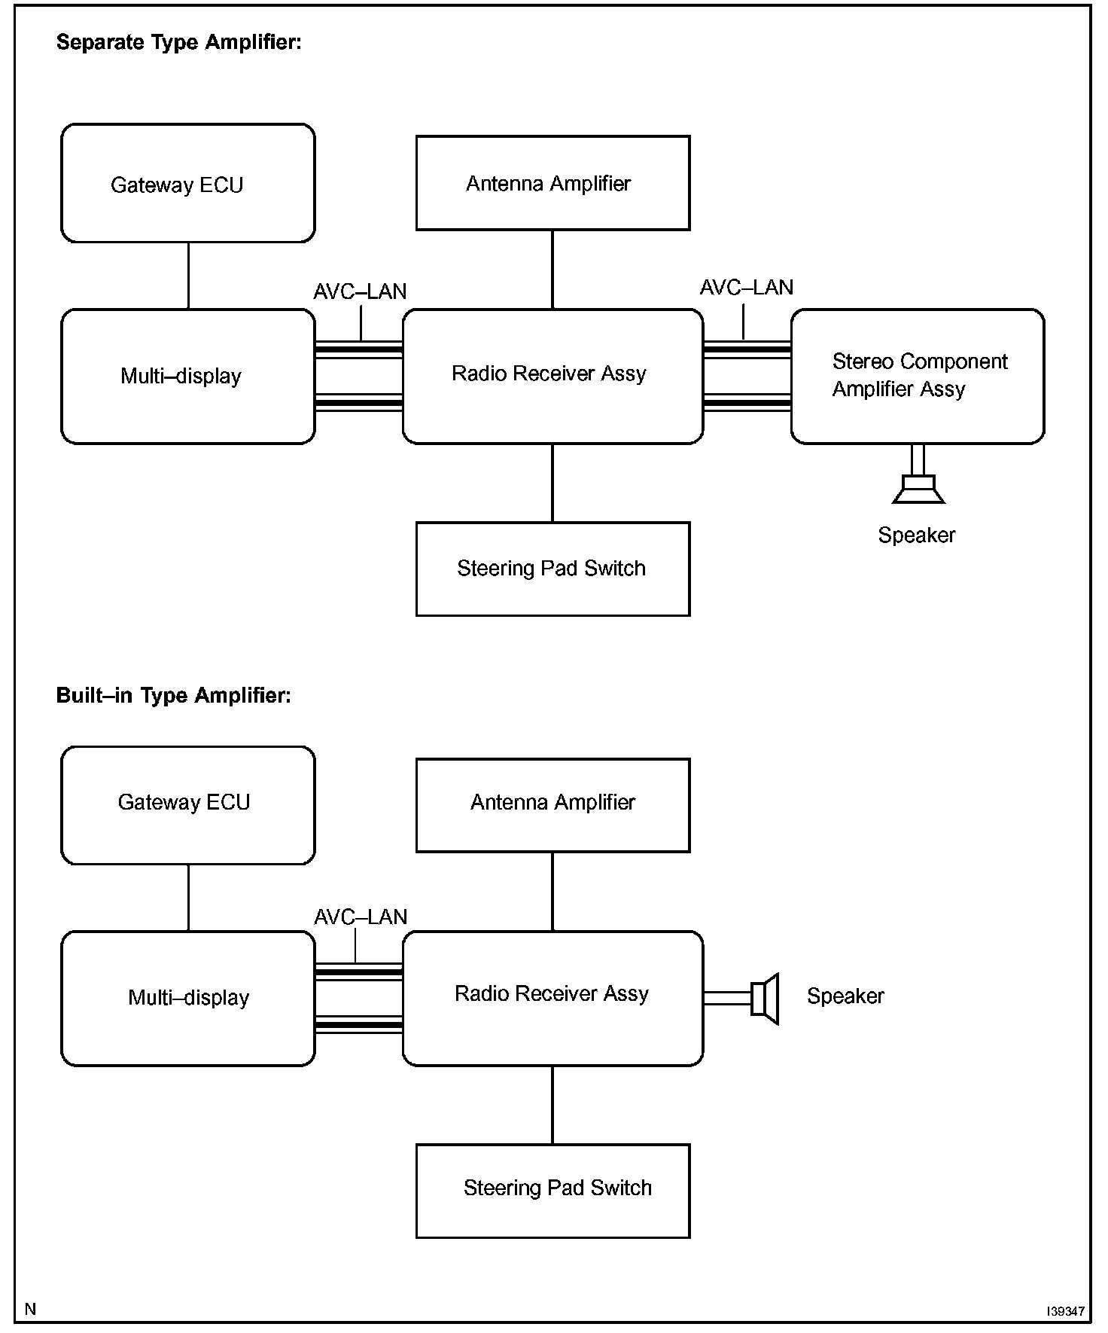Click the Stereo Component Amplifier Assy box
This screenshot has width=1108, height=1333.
[x=918, y=376]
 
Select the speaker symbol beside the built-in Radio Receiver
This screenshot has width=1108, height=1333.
[x=765, y=999]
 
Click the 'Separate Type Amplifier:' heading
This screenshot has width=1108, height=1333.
[x=179, y=42]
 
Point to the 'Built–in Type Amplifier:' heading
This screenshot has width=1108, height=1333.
[x=174, y=694]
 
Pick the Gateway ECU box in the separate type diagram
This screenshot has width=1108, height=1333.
[x=188, y=183]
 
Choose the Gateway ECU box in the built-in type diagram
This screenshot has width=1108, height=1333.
[x=188, y=805]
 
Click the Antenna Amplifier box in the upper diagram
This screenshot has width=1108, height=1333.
[x=553, y=183]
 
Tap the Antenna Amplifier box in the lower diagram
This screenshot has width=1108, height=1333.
[x=553, y=805]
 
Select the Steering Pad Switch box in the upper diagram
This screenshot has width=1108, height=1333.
[x=553, y=569]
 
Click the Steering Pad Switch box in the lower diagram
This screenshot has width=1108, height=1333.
[x=553, y=1191]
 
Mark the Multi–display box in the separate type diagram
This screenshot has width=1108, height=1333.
[x=188, y=376]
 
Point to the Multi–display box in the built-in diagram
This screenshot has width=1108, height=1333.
[x=188, y=999]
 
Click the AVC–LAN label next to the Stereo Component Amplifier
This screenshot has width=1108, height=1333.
[x=747, y=287]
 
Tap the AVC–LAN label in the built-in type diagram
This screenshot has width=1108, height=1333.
[x=361, y=917]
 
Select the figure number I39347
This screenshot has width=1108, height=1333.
[x=1065, y=1311]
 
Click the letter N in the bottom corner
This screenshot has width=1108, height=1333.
[x=30, y=1309]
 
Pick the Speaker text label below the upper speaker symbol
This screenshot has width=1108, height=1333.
[x=917, y=535]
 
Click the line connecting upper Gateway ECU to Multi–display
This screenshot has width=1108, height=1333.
[x=188, y=276]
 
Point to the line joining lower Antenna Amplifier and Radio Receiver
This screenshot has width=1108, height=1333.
[x=552, y=892]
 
